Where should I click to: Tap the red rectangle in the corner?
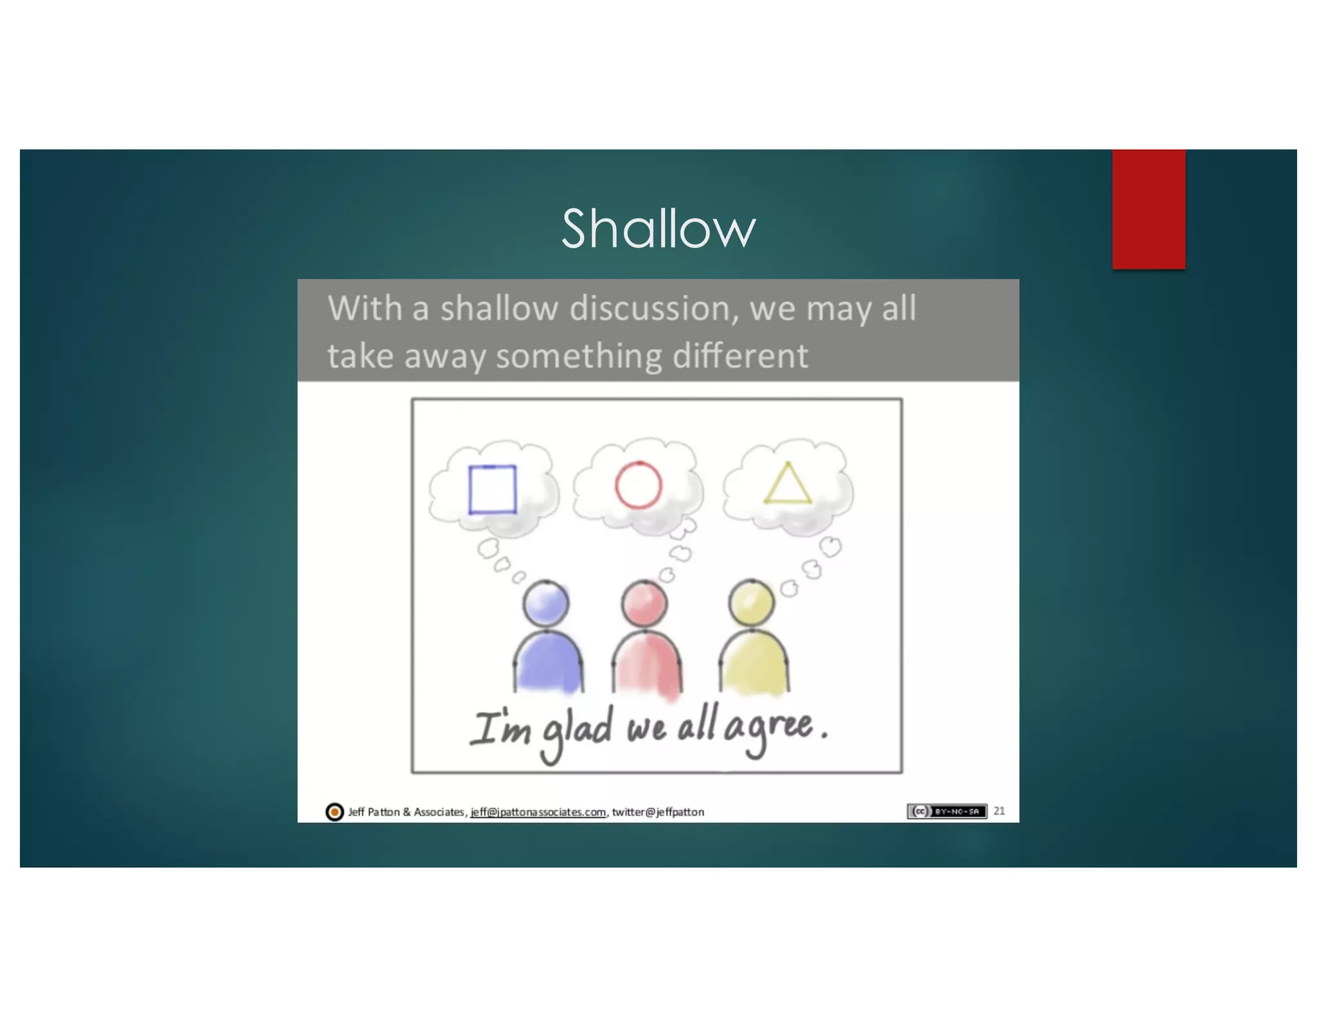point(1149,209)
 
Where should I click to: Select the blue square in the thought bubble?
point(493,489)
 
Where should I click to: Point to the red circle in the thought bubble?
point(638,485)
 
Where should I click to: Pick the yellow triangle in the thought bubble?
point(788,485)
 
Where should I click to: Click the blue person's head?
point(546,603)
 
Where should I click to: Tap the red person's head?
point(644,603)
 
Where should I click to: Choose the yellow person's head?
point(751,603)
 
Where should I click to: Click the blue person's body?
point(549,662)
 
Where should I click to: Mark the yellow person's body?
point(754,662)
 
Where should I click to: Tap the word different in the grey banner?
point(740,356)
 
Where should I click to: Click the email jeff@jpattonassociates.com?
point(538,812)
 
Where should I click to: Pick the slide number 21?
point(999,811)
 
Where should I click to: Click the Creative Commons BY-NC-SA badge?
point(947,811)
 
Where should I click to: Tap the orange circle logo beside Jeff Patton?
point(334,812)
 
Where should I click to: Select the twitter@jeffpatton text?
point(658,812)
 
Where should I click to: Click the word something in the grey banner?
point(579,356)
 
